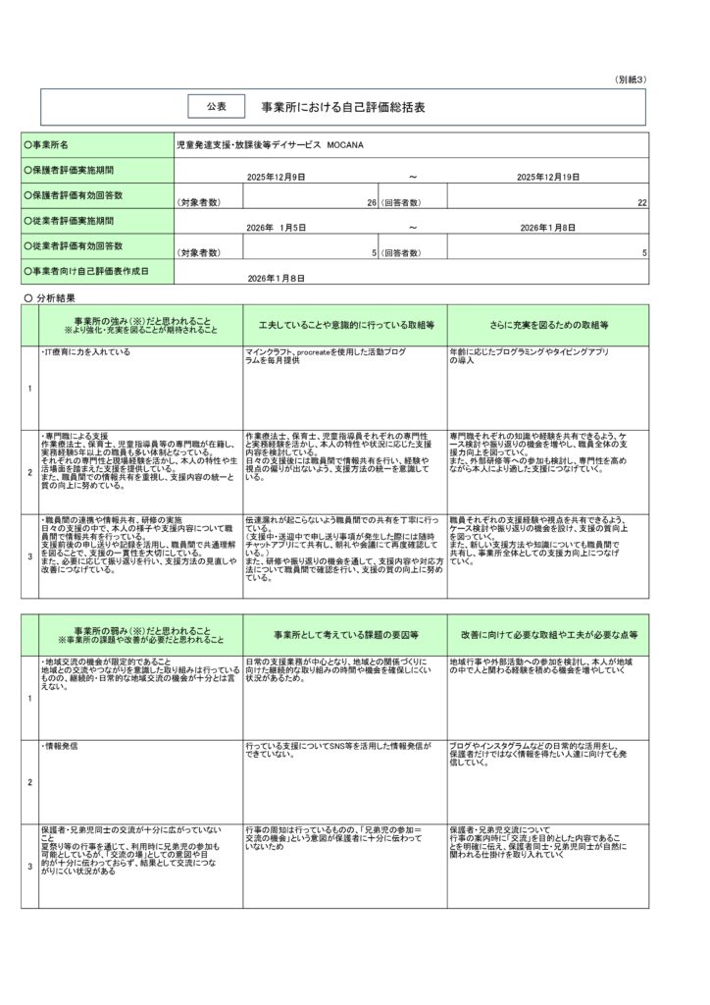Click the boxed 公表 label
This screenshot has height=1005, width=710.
(x=216, y=105)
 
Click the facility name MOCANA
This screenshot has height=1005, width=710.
(x=348, y=144)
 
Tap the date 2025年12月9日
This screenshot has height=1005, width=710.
(x=277, y=177)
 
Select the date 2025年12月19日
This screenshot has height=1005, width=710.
(x=548, y=177)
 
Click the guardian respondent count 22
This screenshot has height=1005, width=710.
(x=641, y=202)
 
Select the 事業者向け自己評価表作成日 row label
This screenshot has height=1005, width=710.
(x=88, y=271)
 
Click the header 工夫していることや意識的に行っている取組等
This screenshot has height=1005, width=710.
(x=345, y=324)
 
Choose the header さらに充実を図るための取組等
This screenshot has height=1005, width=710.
(x=548, y=324)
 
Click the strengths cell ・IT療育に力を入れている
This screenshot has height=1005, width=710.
(x=85, y=351)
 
